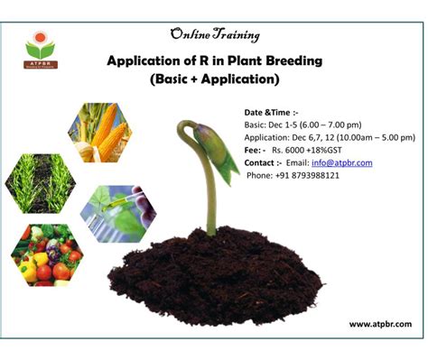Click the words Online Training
[x=215, y=35]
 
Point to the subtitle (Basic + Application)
[x=215, y=79]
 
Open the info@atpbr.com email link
[x=342, y=163]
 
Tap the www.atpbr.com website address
[x=380, y=324]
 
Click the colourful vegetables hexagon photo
[x=47, y=255]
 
